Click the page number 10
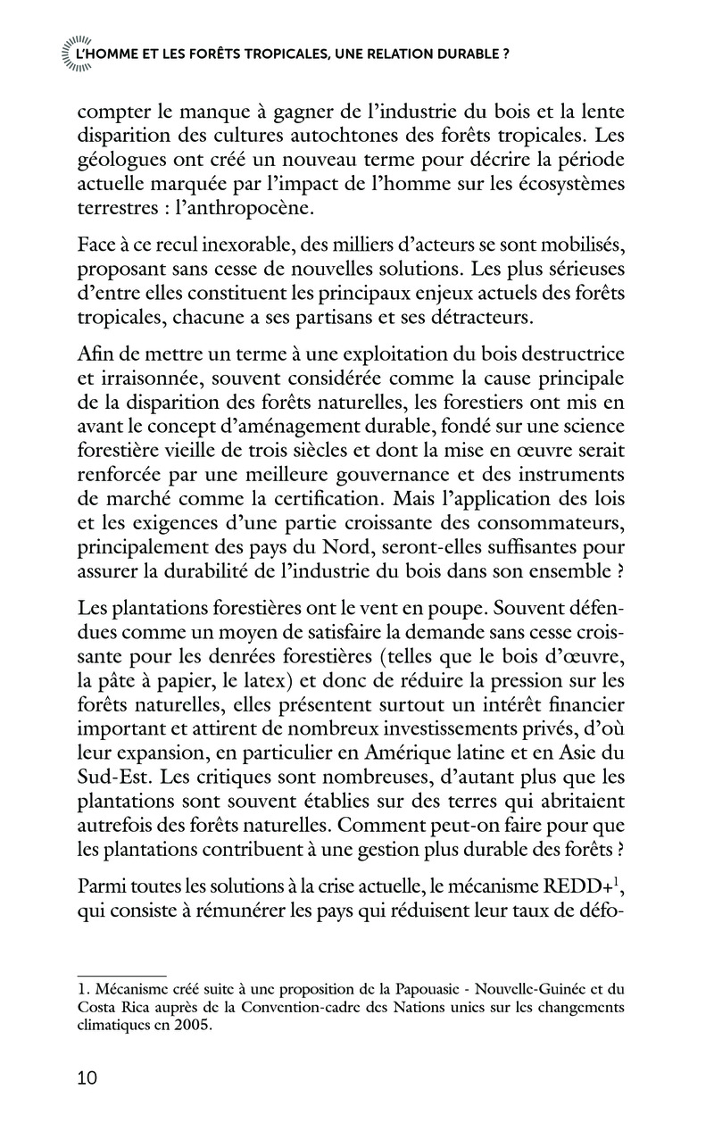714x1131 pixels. pos(87,1078)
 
